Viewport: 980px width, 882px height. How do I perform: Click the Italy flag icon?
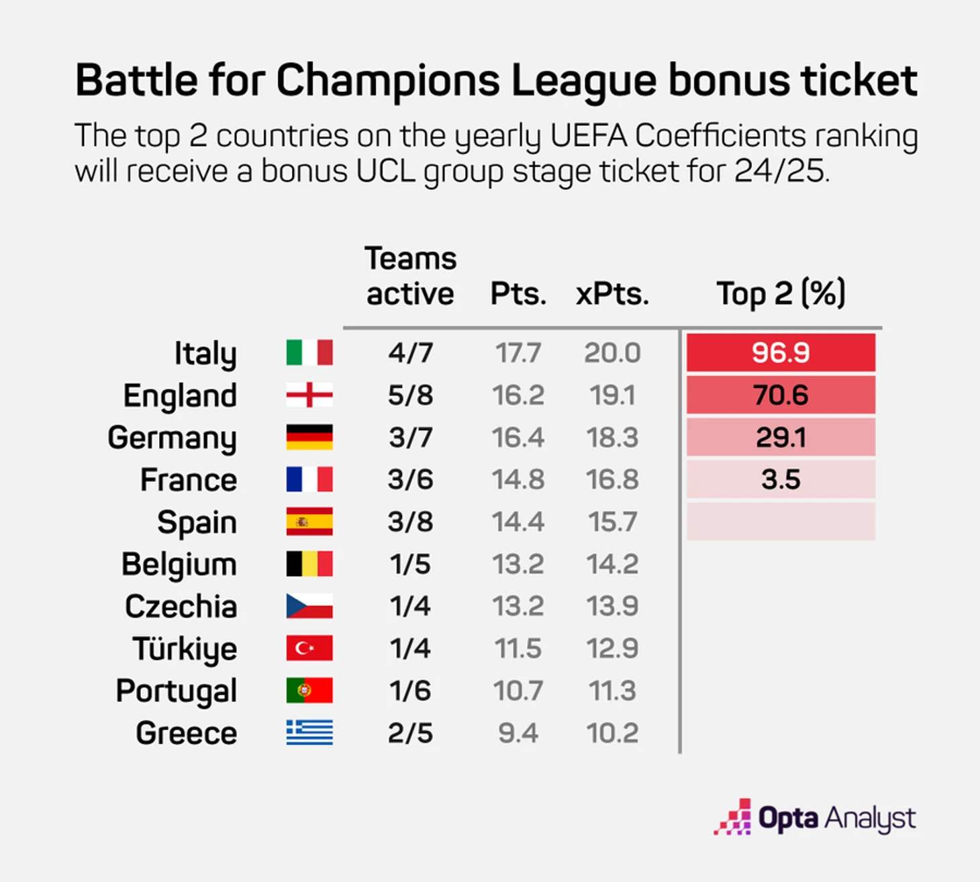(x=309, y=352)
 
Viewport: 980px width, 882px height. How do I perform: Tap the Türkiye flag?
(x=309, y=648)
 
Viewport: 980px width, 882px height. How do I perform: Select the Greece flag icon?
(x=309, y=732)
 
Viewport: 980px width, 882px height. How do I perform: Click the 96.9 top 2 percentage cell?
(x=781, y=352)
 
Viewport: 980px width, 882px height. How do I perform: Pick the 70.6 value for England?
(x=781, y=395)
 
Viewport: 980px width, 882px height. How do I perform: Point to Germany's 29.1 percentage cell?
(x=781, y=437)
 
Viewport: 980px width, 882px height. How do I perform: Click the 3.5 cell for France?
(x=781, y=479)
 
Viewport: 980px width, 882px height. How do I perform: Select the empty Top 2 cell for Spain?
(x=781, y=522)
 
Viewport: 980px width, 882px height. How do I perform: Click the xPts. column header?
(x=612, y=293)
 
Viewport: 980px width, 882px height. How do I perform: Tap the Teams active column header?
(x=410, y=276)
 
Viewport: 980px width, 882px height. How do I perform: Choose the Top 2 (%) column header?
(x=781, y=293)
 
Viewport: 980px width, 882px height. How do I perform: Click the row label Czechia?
(x=181, y=606)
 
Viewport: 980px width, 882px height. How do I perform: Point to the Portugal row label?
(x=177, y=691)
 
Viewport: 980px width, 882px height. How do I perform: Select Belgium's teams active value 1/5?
(x=410, y=564)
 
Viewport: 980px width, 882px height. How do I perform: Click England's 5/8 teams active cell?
(x=410, y=395)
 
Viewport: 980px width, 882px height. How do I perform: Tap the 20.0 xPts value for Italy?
(x=612, y=352)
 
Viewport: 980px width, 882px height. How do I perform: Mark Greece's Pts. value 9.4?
(x=518, y=733)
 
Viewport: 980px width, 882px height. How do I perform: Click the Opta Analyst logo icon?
(x=732, y=817)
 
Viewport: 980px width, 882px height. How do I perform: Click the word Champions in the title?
(x=387, y=81)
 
